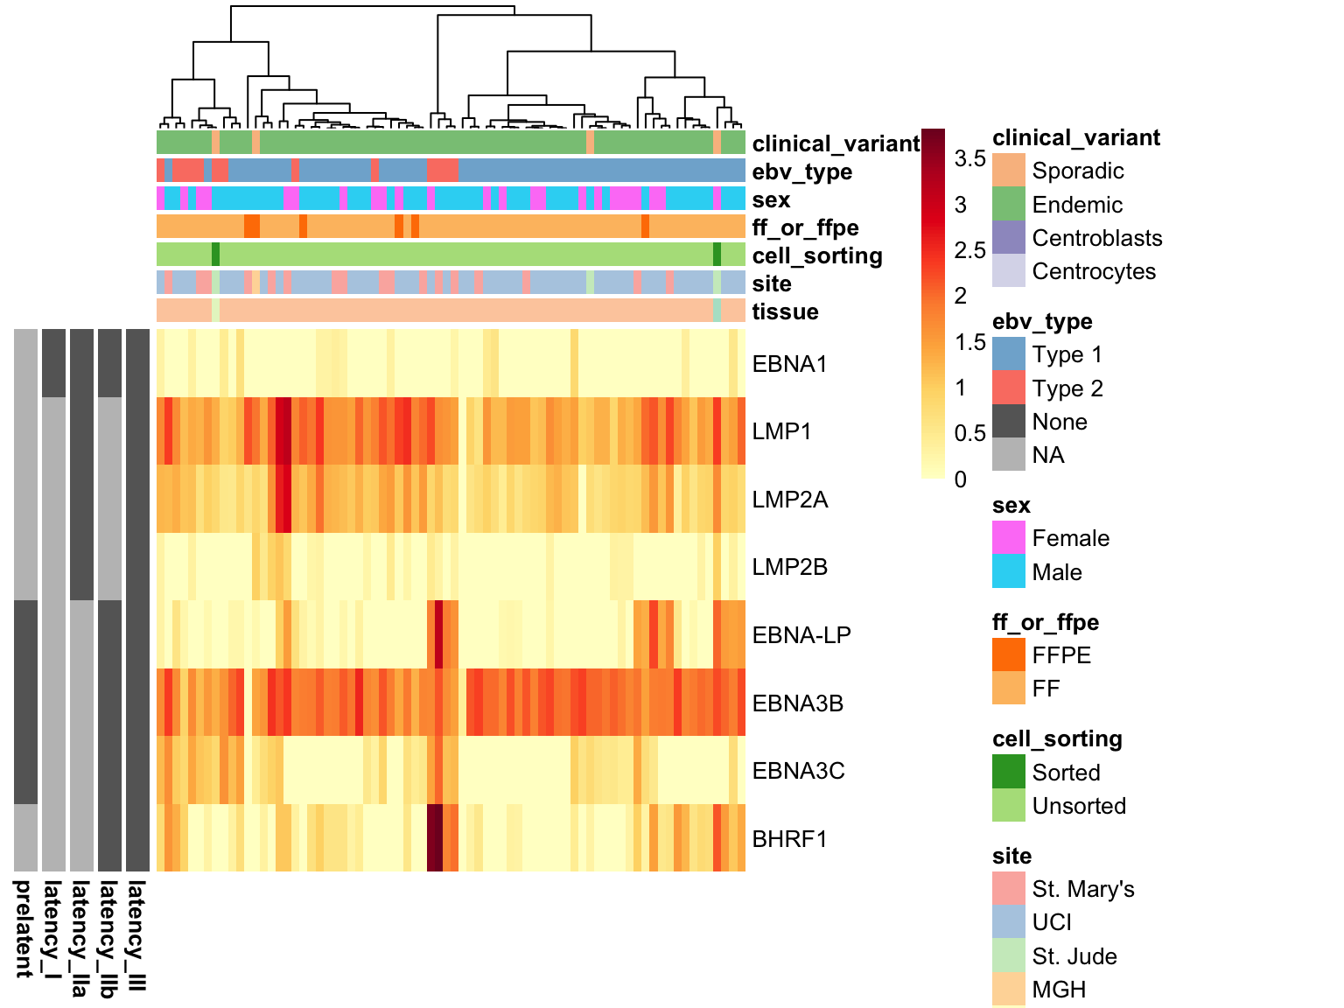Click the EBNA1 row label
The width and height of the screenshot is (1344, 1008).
[789, 364]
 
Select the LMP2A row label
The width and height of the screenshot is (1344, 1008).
[789, 500]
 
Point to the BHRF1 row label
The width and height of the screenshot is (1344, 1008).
[789, 839]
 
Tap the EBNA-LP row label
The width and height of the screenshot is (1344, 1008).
[801, 635]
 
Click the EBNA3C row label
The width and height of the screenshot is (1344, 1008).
[798, 771]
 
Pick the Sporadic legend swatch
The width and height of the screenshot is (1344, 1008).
[1009, 171]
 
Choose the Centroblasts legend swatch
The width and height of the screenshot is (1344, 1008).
[1009, 238]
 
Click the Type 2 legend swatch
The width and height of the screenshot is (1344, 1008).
[1009, 388]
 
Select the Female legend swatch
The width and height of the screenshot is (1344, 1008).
[1009, 538]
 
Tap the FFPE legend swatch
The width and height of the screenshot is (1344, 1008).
[1009, 655]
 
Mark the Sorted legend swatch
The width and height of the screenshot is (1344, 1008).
[1009, 772]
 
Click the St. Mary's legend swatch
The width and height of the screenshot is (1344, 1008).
[1009, 889]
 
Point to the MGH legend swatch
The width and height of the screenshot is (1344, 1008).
[1009, 990]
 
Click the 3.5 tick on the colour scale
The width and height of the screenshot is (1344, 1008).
[969, 159]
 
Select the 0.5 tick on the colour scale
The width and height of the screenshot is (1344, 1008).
[969, 434]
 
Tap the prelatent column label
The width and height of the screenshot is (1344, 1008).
[24, 928]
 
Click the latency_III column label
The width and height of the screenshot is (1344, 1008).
[137, 935]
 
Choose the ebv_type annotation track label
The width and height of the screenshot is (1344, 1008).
[801, 171]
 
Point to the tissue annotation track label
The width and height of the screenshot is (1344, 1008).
[785, 311]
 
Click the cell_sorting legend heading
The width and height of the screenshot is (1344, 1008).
[1057, 738]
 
